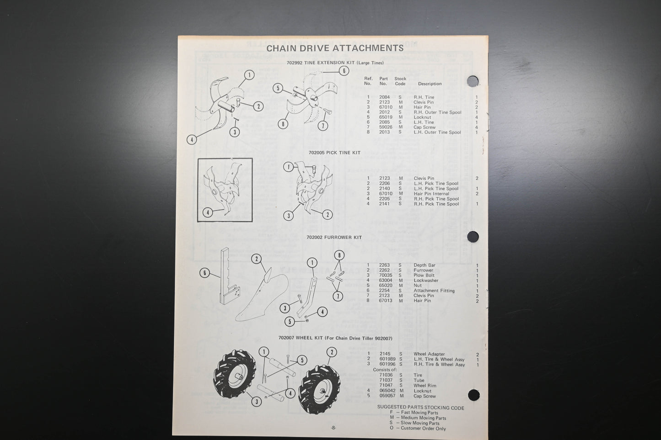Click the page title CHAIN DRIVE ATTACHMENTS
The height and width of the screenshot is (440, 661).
[335, 48]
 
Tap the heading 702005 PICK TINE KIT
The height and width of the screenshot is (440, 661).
[334, 153]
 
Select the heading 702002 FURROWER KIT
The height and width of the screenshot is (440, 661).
[334, 237]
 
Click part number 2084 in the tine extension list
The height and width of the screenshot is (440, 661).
[384, 97]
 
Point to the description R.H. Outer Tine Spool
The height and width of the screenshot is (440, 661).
[437, 112]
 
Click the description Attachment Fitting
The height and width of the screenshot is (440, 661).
[434, 291]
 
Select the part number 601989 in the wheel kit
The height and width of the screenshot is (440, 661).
[387, 359]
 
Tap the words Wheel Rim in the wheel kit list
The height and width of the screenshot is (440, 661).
[425, 386]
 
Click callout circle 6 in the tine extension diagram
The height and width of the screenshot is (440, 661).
[344, 70]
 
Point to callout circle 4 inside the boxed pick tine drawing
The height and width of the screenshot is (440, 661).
[208, 212]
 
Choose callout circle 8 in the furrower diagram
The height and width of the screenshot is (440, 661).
[339, 255]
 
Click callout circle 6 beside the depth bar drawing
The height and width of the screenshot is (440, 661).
[205, 273]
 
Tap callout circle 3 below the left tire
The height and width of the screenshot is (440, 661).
[256, 402]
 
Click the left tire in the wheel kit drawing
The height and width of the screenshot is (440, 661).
[236, 373]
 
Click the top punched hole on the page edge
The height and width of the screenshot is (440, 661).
[473, 81]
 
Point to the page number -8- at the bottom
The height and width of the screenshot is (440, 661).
[333, 428]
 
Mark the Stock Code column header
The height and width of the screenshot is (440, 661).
[400, 81]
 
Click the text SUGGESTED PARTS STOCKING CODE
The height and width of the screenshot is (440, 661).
[420, 408]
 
